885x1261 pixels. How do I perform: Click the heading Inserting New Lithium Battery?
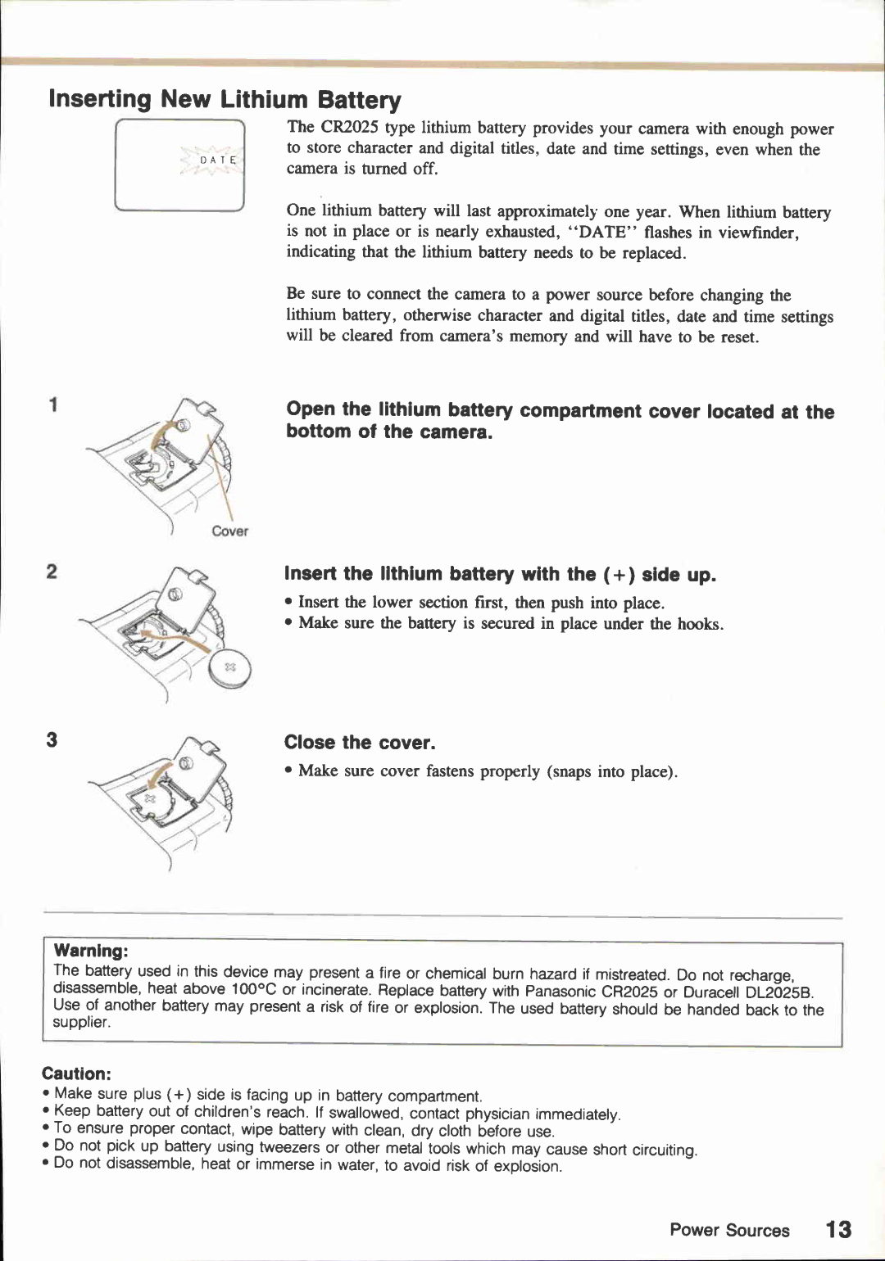pos(225,99)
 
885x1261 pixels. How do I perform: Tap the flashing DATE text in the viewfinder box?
pos(218,160)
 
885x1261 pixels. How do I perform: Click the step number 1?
pos(53,405)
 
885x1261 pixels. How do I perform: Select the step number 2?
pos(52,572)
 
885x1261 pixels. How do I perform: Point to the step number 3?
pos(52,740)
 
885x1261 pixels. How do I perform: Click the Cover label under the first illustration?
pos(229,531)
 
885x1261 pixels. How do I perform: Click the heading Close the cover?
pos(360,743)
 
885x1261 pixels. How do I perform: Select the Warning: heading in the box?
pos(91,951)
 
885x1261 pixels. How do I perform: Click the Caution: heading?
pos(76,1073)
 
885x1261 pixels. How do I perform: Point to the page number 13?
pos(838,1229)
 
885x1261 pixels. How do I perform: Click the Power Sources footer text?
pos(729,1230)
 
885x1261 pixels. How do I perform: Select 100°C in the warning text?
pos(255,990)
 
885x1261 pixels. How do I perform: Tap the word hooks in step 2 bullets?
pos(699,624)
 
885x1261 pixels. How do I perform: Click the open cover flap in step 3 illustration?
pos(197,766)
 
